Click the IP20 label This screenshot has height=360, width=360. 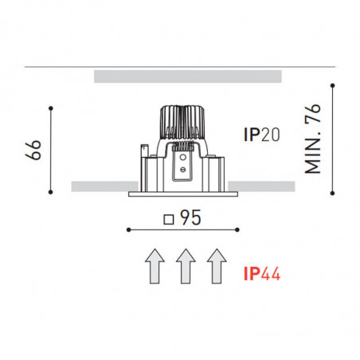tap(262, 135)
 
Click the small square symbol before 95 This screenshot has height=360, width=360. tap(167, 218)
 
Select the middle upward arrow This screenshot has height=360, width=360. tap(185, 266)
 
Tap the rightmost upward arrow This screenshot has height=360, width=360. tap(215, 266)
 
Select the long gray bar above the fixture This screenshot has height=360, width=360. tap(187, 76)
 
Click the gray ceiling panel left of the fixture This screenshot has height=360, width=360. tap(100, 186)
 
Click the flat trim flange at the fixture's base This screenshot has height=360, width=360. tap(184, 193)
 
